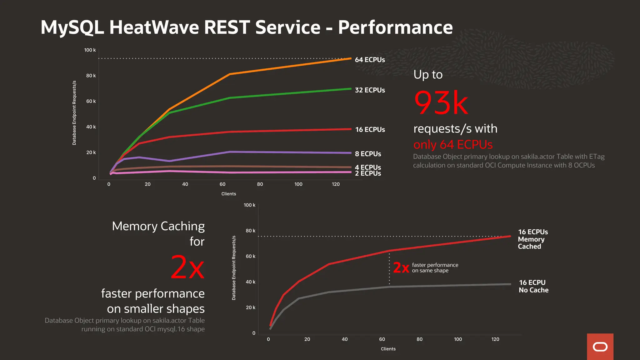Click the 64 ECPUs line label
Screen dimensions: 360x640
(370, 60)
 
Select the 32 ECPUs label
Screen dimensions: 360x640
(370, 90)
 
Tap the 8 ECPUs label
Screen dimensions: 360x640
(368, 154)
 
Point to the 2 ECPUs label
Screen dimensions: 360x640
(368, 174)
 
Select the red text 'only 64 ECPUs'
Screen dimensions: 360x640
(453, 145)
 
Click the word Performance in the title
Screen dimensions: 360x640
(395, 27)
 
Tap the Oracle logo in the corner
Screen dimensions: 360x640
(600, 347)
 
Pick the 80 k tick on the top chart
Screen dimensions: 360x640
(91, 76)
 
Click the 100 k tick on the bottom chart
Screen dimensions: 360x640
(249, 205)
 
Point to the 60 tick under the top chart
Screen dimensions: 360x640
(222, 184)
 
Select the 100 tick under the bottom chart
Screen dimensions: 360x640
(458, 339)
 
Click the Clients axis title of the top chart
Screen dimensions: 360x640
(228, 194)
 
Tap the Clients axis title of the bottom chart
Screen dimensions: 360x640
(388, 349)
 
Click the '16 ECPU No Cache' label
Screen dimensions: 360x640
(533, 286)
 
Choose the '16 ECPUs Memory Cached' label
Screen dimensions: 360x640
(532, 239)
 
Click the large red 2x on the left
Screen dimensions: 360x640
(187, 267)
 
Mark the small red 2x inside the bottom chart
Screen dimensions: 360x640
(401, 268)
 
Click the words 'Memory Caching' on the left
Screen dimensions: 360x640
(158, 226)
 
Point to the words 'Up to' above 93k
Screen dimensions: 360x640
(428, 74)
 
